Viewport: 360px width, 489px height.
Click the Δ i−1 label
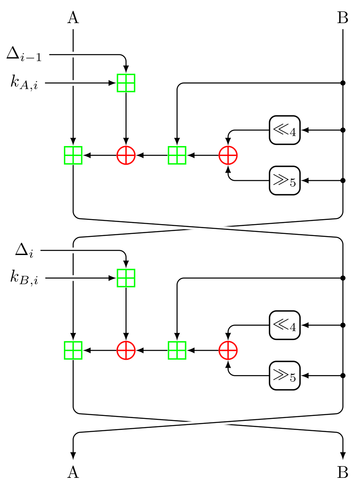point(24,54)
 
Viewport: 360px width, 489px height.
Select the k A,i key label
point(24,83)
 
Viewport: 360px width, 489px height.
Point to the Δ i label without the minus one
point(24,250)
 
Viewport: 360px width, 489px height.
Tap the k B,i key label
point(24,279)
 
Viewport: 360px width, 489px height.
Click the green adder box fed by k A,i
point(126,83)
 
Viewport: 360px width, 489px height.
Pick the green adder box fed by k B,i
point(126,278)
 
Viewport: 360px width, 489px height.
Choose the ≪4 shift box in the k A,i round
point(285,130)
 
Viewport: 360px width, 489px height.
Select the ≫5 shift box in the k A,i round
point(285,180)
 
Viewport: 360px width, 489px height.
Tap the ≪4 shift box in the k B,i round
point(285,325)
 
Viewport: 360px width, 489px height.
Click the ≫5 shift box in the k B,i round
point(285,376)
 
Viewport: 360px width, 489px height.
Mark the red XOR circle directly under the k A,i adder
point(126,156)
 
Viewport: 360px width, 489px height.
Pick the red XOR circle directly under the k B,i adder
point(126,351)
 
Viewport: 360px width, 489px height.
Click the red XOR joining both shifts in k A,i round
point(228,156)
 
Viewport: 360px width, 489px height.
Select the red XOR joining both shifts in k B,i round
point(228,351)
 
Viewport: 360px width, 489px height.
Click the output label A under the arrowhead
point(73,473)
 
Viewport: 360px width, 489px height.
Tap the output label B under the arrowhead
point(343,473)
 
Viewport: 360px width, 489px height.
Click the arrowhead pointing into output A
point(73,455)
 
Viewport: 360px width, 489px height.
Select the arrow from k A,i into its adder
point(80,83)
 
